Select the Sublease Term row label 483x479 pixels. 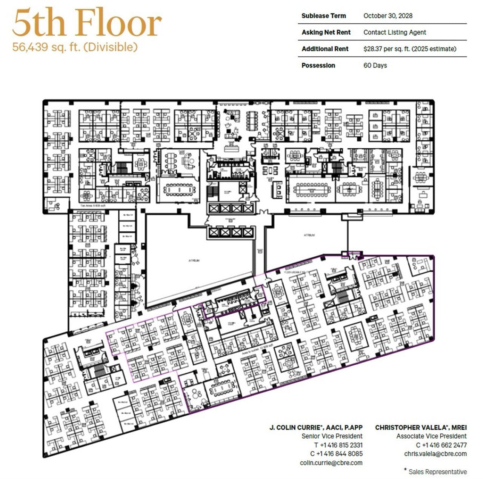coord(323,16)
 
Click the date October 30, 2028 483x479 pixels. coord(388,16)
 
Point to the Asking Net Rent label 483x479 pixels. coord(326,32)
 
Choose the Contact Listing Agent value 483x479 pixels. coord(394,32)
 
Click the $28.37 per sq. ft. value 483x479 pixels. coord(409,49)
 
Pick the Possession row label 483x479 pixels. coord(318,66)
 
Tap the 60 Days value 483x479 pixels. coord(375,66)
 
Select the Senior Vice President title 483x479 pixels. coord(332,436)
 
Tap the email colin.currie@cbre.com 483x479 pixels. coord(331,463)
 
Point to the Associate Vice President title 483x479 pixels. coord(431,436)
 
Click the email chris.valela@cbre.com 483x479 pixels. coord(435,454)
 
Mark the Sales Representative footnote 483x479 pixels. coord(437,471)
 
